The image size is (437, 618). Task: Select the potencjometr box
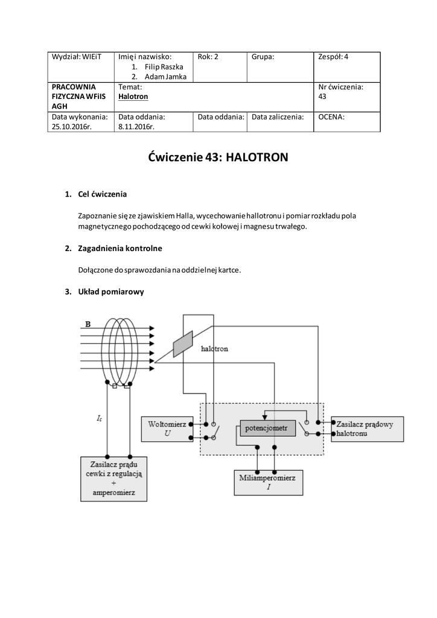(267, 429)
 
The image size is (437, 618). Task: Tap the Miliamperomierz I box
(268, 482)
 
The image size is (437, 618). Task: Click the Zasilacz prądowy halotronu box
(365, 428)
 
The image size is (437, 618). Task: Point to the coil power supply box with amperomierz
(114, 478)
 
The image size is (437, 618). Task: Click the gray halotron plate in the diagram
(183, 344)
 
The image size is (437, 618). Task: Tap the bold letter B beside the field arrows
(88, 325)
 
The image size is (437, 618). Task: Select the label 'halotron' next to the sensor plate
(214, 349)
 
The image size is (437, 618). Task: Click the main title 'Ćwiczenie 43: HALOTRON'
(218, 158)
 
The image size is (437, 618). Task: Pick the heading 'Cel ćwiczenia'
(103, 194)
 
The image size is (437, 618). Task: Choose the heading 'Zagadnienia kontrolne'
(120, 248)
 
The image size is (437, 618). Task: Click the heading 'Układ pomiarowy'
(111, 291)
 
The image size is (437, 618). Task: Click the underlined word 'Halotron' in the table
(133, 97)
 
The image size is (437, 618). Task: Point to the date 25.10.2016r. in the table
(72, 127)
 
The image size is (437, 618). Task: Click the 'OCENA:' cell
(331, 117)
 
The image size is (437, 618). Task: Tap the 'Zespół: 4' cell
(333, 57)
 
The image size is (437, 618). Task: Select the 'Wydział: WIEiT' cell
(77, 57)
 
